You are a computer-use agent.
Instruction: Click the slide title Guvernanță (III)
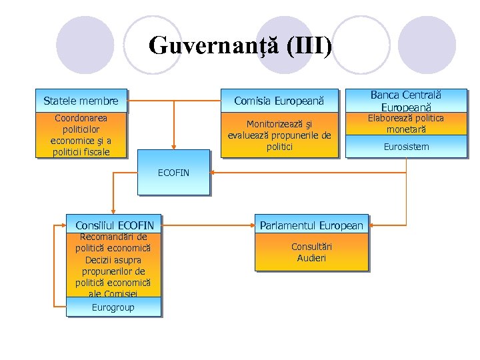240,46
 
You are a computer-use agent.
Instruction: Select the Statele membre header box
81,101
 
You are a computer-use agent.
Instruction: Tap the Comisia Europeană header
279,101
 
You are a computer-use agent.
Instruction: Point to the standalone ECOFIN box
173,173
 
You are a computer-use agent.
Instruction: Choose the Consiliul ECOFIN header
114,225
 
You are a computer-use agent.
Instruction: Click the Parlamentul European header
311,225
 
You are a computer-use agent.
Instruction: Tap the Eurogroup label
113,307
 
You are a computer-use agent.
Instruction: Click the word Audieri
311,258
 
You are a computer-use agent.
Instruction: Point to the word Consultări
311,247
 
